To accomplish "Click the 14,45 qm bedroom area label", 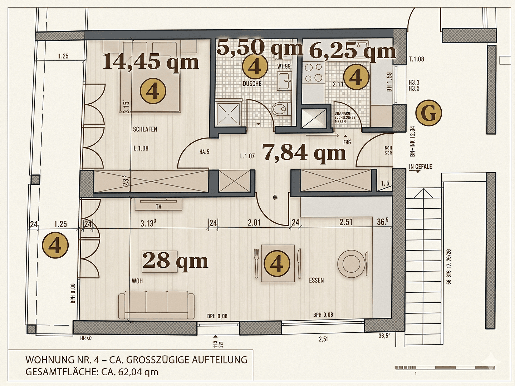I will (x=151, y=62).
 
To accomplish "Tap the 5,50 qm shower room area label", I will (x=260, y=48).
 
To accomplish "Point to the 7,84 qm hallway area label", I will (x=304, y=153).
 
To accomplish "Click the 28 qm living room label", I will (x=175, y=261).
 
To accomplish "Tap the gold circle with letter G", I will (x=428, y=113).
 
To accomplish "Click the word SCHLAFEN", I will (x=145, y=129).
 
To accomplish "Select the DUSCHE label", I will (x=252, y=84).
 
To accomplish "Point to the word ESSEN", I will (x=316, y=280).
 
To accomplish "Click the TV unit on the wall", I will (x=158, y=204).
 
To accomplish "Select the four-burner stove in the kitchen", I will (x=313, y=72).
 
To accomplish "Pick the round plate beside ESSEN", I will (x=351, y=264).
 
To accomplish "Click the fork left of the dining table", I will (x=256, y=263).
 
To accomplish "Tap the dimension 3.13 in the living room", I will (x=148, y=223).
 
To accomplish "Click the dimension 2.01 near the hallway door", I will (x=254, y=223).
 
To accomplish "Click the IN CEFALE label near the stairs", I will (x=420, y=167).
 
